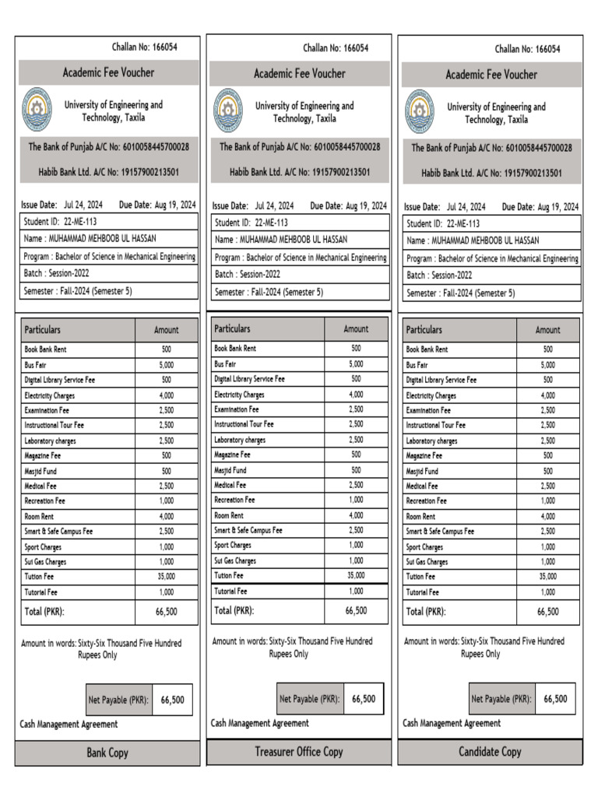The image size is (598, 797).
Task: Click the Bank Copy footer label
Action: (107, 753)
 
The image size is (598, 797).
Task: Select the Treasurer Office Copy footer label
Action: (298, 752)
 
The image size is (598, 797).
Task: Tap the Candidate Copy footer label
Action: (490, 752)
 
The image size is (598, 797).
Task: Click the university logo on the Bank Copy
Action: (36, 110)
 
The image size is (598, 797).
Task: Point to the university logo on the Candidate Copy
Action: (419, 112)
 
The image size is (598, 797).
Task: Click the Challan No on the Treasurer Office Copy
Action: (336, 48)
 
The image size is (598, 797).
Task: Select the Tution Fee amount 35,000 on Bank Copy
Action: (167, 577)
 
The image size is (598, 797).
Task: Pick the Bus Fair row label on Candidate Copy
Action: (417, 365)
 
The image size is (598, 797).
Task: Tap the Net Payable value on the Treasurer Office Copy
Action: (364, 699)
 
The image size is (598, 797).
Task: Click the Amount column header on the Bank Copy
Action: (166, 330)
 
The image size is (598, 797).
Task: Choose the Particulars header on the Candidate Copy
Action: (424, 330)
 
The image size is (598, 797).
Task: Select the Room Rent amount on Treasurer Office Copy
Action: (356, 515)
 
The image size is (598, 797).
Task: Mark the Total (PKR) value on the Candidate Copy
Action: (547, 612)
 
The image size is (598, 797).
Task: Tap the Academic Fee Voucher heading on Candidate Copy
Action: (491, 75)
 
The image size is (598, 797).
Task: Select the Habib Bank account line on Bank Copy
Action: (108, 172)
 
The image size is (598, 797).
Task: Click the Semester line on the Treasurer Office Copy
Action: (269, 293)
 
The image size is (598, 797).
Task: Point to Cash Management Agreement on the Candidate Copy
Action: (452, 723)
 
